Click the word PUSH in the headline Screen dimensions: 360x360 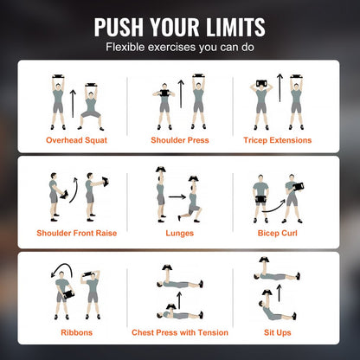(x=119, y=27)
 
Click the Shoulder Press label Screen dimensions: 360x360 (x=179, y=138)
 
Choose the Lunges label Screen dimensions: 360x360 (x=179, y=233)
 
